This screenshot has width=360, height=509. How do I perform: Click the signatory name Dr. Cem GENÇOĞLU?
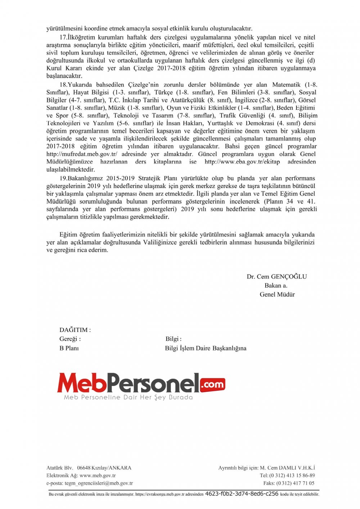coord(276,277)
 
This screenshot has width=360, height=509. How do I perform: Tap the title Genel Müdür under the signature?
coord(277,294)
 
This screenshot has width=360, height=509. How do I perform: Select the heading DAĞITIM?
coord(75,330)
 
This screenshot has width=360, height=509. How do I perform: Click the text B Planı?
coord(69,348)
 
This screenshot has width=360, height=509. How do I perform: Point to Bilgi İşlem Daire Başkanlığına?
coord(206,348)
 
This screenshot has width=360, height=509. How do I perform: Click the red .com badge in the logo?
coord(212,385)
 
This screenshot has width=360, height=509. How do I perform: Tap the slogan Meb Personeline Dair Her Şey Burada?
coord(128,397)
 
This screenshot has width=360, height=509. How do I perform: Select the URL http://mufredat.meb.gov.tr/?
coord(82,154)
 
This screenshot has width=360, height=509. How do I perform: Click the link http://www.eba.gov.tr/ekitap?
coord(242,162)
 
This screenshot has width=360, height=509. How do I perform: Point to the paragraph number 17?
coord(63,37)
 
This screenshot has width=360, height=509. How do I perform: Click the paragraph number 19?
coord(63,178)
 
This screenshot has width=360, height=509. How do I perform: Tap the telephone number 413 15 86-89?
coord(297,476)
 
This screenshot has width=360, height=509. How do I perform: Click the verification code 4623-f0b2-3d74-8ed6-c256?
coord(242,494)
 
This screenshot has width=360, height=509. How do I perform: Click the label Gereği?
coord(69,339)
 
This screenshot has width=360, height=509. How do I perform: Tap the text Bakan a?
coord(276,286)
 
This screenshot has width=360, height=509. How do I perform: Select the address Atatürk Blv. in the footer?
coord(60,468)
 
